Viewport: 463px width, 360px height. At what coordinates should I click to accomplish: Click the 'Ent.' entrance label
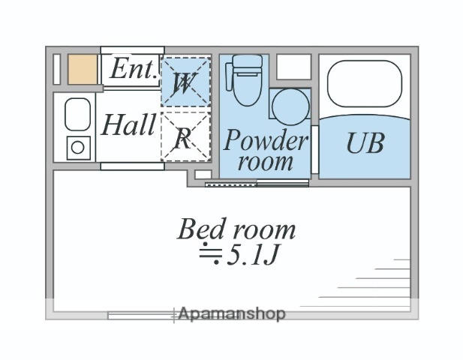point(133,70)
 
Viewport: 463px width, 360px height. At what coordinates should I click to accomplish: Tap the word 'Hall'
point(128,124)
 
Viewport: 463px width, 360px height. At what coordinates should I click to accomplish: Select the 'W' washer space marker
point(182,82)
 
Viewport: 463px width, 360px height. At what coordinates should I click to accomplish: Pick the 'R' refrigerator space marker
point(183,137)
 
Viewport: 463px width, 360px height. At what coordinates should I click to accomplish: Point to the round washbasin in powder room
point(289,107)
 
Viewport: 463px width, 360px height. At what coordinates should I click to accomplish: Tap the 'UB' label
point(365,142)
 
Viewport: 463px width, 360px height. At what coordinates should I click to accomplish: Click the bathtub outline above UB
point(365,85)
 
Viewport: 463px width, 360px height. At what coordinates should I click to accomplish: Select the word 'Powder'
point(266,139)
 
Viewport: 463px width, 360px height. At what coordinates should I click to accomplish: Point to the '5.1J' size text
point(254,257)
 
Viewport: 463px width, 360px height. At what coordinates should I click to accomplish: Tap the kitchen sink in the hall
point(77,115)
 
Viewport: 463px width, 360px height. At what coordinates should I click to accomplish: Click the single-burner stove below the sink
point(77,146)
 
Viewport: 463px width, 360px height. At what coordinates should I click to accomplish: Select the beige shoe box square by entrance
point(83,69)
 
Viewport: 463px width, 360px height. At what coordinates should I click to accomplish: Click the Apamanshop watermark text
point(231,314)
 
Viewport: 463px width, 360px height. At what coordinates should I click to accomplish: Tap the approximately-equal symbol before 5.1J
point(209,256)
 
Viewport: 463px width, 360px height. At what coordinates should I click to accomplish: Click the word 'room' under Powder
point(266,161)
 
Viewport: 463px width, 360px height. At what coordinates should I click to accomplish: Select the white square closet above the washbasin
point(293,67)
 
